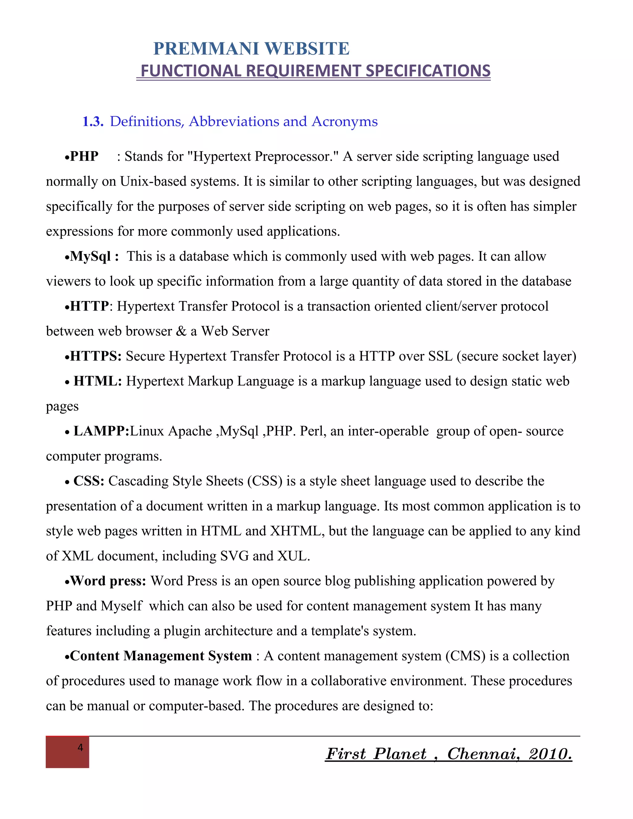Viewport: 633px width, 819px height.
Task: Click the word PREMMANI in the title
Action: point(206,49)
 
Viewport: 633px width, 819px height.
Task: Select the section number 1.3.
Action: point(93,121)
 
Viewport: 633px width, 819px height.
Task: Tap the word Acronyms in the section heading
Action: point(345,121)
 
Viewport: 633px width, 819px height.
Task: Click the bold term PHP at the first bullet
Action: point(84,156)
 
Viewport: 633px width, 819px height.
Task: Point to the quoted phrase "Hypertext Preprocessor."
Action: point(265,156)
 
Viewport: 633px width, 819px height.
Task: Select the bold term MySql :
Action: point(95,257)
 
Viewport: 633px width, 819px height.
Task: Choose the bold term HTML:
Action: point(97,381)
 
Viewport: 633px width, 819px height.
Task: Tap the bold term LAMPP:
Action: point(101,431)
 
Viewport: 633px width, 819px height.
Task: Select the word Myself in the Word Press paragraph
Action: point(121,606)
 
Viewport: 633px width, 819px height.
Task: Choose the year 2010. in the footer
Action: point(550,754)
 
